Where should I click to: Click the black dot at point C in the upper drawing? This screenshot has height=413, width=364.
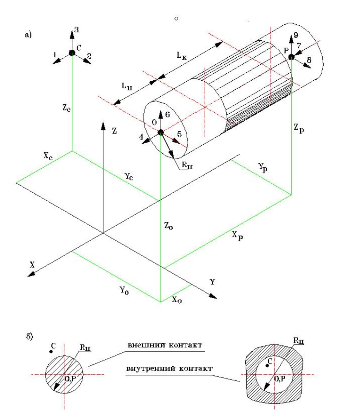point(72,53)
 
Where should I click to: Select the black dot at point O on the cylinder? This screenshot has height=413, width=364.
point(160,132)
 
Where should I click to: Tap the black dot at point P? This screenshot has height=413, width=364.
point(291,57)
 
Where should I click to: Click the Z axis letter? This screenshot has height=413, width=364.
point(114,131)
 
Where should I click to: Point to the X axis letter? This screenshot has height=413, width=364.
point(32,264)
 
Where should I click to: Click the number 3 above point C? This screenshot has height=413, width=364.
point(77,30)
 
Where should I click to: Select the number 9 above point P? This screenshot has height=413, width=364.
point(296,35)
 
